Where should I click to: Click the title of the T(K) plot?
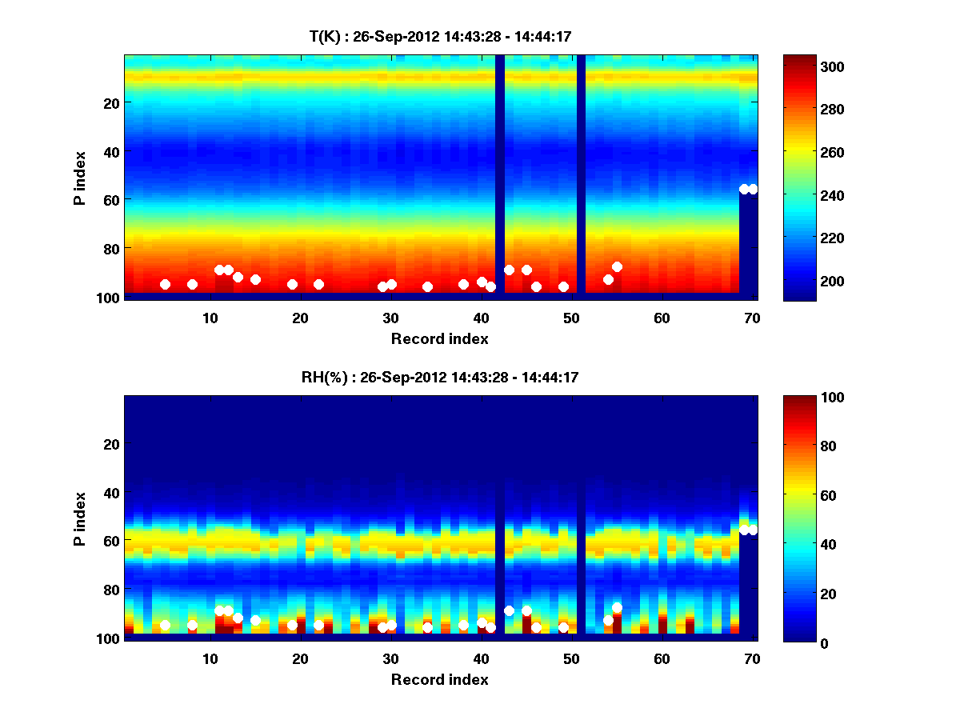point(440,36)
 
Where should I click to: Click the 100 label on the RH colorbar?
point(804,398)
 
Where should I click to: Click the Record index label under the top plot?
point(440,338)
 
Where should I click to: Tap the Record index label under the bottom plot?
point(440,679)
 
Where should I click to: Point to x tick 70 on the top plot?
point(752,318)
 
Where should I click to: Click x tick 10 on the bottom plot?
point(210,658)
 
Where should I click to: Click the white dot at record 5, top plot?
point(165,284)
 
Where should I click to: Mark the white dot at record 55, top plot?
point(617,266)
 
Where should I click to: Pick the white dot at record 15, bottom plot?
point(255,620)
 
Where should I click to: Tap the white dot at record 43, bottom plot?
point(509,610)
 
